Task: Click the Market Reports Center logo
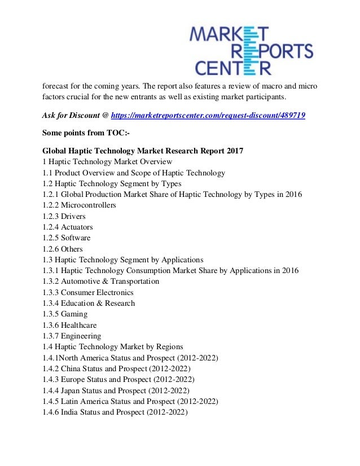251,50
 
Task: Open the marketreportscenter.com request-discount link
208,115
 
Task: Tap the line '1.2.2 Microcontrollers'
79,205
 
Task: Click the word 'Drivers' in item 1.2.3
74,216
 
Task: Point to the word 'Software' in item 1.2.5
76,238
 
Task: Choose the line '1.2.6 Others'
63,249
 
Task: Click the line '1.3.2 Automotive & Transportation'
100,282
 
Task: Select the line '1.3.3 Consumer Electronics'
88,292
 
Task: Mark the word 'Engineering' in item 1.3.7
81,336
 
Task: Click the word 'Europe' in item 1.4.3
73,380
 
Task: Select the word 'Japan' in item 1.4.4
72,390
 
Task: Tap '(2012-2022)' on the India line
166,412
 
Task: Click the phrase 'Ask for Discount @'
76,115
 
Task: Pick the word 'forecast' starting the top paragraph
56,86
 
